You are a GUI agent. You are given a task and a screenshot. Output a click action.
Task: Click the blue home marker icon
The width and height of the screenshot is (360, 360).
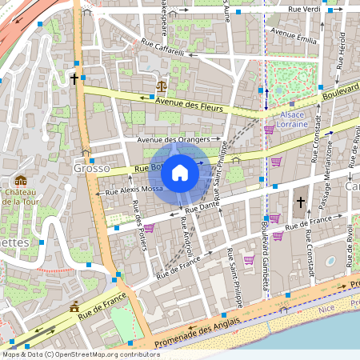[180, 171]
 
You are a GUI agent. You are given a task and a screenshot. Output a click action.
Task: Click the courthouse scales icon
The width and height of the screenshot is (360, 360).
[162, 85]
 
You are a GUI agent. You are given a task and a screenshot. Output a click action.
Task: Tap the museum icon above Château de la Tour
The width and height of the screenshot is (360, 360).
[20, 181]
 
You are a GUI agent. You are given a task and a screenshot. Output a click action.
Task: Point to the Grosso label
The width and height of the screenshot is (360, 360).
[90, 169]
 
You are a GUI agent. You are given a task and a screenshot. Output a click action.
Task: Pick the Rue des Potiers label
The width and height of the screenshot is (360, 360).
[138, 233]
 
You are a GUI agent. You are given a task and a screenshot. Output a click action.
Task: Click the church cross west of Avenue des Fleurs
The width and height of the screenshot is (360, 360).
[74, 79]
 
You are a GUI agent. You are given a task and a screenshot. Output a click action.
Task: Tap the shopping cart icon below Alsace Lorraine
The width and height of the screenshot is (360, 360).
[269, 129]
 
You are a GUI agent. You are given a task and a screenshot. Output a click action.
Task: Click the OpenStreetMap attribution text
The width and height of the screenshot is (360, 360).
[80, 354]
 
